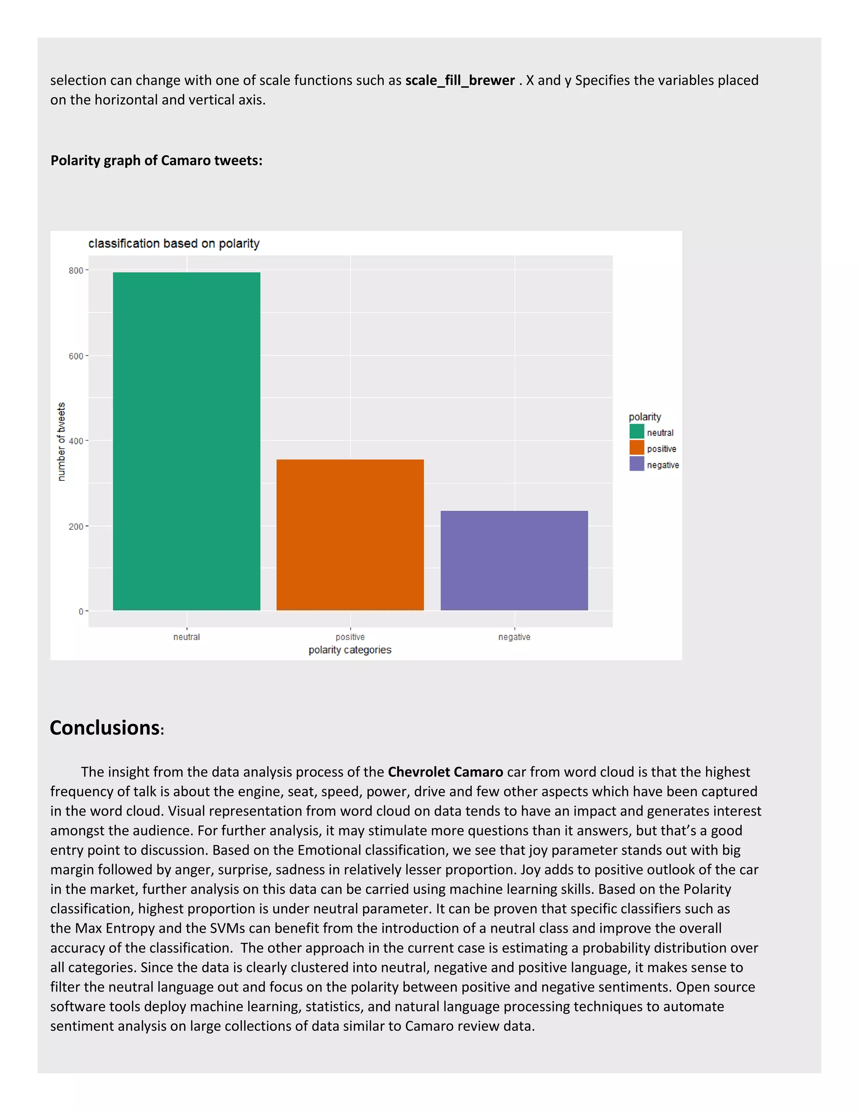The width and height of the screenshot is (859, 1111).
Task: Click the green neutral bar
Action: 186,441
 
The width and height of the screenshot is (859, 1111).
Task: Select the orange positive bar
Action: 350,535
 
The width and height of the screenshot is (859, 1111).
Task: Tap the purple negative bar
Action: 514,560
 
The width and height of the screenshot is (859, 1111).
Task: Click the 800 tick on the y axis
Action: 76,271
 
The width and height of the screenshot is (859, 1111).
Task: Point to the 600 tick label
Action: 76,356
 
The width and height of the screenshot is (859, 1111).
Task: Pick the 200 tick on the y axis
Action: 76,527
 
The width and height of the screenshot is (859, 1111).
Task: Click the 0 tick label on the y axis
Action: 81,611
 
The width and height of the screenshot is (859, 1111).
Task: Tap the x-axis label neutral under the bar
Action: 186,637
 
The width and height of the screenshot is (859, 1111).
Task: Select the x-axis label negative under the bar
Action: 514,637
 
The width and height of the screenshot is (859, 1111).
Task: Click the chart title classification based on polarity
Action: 174,244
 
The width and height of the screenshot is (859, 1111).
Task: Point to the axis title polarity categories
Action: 350,650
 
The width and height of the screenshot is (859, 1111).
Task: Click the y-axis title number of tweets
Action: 61,441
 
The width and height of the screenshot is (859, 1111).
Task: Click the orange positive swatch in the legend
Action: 637,448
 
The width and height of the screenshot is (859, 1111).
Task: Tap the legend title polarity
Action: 644,417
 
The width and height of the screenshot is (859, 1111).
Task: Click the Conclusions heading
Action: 105,728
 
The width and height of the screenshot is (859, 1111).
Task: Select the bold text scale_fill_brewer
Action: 460,80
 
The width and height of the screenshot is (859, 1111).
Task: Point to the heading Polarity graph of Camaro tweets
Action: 156,161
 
